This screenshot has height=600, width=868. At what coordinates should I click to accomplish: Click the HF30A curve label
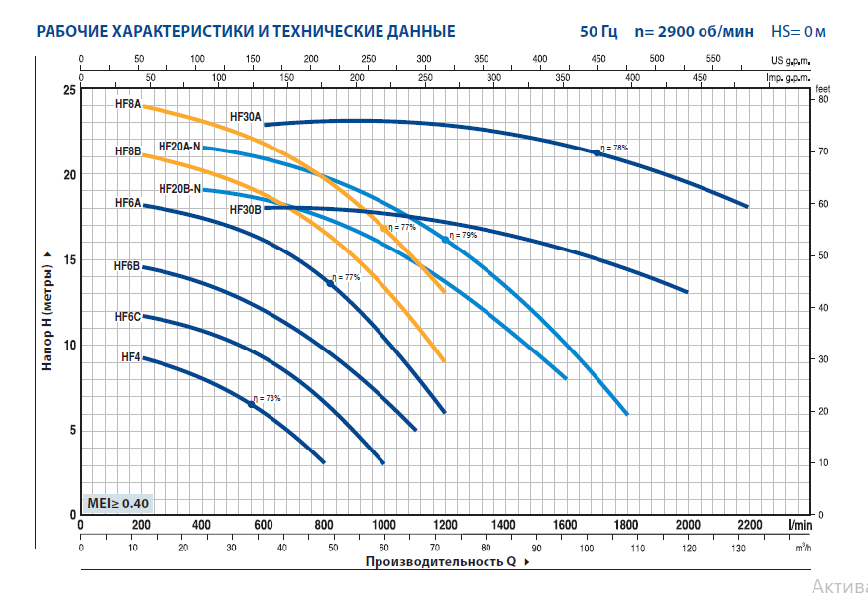(x=245, y=117)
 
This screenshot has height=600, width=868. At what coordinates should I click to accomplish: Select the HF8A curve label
(x=128, y=104)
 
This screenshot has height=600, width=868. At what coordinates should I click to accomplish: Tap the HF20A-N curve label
(x=179, y=147)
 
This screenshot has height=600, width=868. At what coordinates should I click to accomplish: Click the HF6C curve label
(x=127, y=317)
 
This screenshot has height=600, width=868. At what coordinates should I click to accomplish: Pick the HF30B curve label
(x=245, y=210)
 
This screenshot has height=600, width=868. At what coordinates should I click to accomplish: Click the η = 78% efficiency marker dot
(x=597, y=152)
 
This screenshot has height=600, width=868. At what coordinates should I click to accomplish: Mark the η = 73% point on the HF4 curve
(x=251, y=404)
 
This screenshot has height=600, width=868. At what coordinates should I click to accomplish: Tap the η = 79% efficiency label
(x=463, y=236)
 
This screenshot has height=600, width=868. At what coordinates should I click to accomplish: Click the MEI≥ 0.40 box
(x=119, y=503)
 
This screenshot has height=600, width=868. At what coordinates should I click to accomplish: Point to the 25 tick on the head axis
(x=68, y=90)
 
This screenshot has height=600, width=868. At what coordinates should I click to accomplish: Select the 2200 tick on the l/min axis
(x=748, y=525)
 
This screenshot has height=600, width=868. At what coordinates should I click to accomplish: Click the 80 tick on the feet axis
(x=823, y=100)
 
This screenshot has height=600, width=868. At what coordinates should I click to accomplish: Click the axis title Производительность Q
(x=441, y=561)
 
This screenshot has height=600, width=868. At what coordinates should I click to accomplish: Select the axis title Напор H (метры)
(x=46, y=310)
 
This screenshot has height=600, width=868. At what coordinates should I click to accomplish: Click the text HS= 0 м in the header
(x=798, y=31)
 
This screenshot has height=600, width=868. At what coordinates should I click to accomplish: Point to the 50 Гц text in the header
(x=598, y=31)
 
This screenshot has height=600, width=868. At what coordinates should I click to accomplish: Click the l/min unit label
(x=800, y=525)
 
